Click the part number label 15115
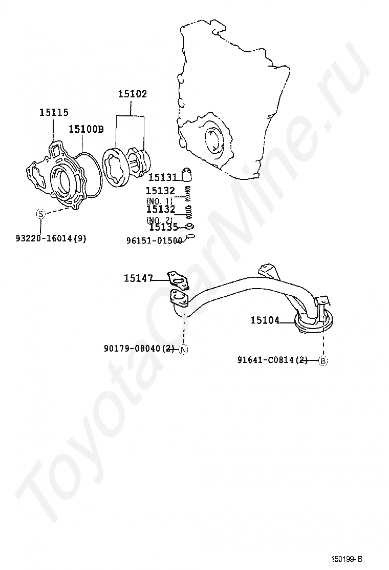pyautogui.click(x=54, y=112)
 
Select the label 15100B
pyautogui.click(x=86, y=129)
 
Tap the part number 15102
pyautogui.click(x=132, y=94)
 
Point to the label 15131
pyautogui.click(x=162, y=177)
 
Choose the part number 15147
pyautogui.click(x=138, y=278)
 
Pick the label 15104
pyautogui.click(x=265, y=320)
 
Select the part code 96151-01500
pyautogui.click(x=154, y=240)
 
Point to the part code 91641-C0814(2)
pyautogui.click(x=273, y=360)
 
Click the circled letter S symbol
pyautogui.click(x=40, y=214)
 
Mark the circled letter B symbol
pyautogui.click(x=323, y=360)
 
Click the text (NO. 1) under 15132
pyautogui.click(x=160, y=200)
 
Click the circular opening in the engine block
pyautogui.click(x=213, y=139)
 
